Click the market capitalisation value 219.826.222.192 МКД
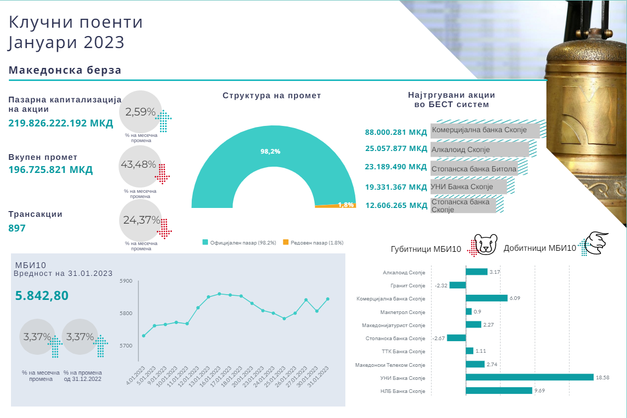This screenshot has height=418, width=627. tap(61, 123)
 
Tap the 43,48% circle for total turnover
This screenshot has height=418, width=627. tap(139, 165)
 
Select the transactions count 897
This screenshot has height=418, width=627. tap(17, 228)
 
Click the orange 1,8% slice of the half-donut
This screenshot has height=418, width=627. tap(334, 206)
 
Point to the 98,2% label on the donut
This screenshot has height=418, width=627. tap(270, 152)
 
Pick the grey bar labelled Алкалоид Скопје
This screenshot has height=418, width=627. tap(479, 149)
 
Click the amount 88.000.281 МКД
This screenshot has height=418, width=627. tap(396, 133)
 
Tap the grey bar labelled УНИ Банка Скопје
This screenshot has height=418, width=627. tap(468, 187)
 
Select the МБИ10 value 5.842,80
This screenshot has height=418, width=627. tap(42, 296)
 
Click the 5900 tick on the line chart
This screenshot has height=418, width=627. tap(127, 281)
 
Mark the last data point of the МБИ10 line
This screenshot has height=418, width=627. tap(328, 299)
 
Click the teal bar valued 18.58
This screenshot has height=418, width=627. tap(529, 377)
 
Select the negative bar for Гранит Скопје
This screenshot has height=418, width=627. tap(458, 285)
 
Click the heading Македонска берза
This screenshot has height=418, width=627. tap(65, 71)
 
